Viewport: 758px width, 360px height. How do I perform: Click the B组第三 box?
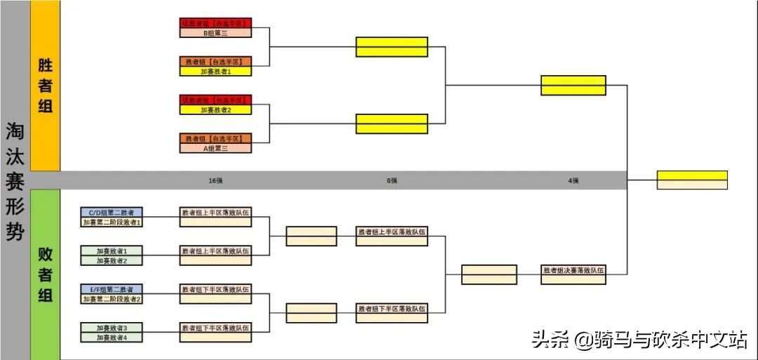click(x=215, y=32)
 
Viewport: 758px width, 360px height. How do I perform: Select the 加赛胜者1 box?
click(x=215, y=71)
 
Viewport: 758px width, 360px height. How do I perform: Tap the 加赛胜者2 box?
click(x=215, y=109)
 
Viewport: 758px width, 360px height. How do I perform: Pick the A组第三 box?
click(x=215, y=148)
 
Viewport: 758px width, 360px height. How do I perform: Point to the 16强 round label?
click(x=215, y=180)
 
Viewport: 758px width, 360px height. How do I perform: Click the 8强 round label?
click(x=392, y=180)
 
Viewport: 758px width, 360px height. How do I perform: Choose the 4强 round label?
click(x=573, y=180)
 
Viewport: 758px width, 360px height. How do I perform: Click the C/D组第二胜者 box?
click(x=112, y=212)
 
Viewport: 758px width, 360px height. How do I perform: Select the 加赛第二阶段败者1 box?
click(x=112, y=222)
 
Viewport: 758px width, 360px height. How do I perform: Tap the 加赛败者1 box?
click(x=112, y=251)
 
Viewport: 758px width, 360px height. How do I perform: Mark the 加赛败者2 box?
click(x=112, y=260)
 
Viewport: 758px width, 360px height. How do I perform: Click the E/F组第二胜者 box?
click(x=112, y=289)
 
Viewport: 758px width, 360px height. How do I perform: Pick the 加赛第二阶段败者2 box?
click(x=112, y=299)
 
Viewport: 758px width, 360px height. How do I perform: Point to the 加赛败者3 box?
click(x=112, y=328)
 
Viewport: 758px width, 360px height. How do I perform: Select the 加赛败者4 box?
click(x=112, y=338)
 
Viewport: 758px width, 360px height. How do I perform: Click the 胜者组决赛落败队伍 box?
click(x=573, y=270)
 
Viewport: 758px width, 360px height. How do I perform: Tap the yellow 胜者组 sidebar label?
click(x=46, y=86)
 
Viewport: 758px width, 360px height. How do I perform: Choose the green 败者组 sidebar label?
click(x=46, y=274)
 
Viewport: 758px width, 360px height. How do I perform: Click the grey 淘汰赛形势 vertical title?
click(x=15, y=181)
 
